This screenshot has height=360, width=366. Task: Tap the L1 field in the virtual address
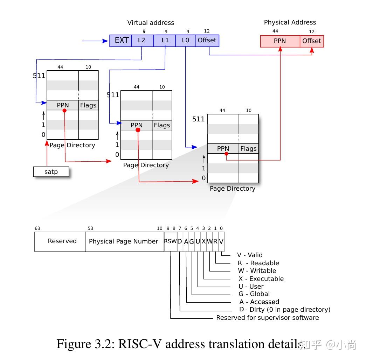(165, 41)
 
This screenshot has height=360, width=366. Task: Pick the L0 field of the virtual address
(185, 41)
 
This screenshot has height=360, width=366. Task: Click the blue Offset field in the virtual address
(207, 41)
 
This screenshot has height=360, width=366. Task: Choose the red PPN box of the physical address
(280, 41)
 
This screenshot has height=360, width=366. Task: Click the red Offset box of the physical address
(312, 41)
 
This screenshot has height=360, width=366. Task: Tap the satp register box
(51, 172)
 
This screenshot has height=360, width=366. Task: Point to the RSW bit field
(170, 241)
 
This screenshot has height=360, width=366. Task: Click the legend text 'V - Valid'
(250, 255)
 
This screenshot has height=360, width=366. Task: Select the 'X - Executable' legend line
(261, 279)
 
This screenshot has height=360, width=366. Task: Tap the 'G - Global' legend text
(254, 294)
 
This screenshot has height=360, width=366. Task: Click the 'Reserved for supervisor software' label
(268, 318)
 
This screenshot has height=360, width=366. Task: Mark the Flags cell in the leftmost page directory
(88, 105)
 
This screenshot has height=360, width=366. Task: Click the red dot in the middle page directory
(138, 130)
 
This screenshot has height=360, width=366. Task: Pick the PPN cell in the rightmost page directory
(223, 149)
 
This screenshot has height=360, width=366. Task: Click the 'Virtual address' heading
(151, 23)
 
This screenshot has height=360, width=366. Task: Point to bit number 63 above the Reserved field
(37, 228)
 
